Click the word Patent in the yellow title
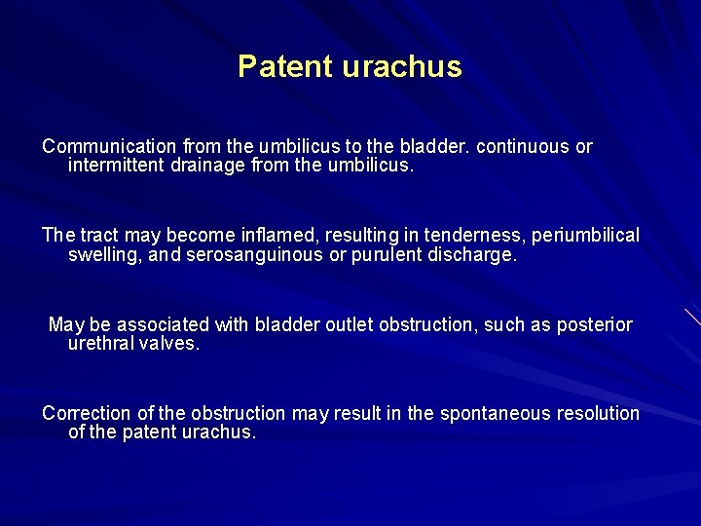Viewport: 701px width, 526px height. click(x=285, y=67)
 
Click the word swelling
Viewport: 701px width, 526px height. click(x=102, y=255)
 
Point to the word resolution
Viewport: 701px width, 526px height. click(x=595, y=413)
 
